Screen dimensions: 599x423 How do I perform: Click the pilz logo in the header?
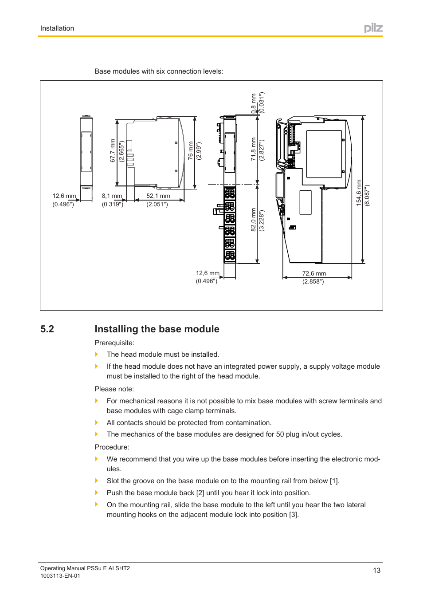click(373, 28)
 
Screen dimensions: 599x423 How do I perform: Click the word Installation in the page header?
click(57, 28)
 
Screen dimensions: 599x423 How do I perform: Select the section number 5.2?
click(47, 329)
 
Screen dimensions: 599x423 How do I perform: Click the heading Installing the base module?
click(157, 329)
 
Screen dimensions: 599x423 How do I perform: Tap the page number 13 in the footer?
click(376, 571)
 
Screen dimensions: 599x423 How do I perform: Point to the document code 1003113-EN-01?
click(60, 576)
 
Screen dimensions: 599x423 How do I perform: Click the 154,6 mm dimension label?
click(359, 192)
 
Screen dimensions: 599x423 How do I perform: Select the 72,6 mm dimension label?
click(314, 274)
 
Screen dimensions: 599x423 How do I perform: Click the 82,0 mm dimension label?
click(254, 220)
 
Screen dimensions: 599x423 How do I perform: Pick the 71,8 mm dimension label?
click(254, 149)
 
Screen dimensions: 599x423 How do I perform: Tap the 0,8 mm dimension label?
click(254, 103)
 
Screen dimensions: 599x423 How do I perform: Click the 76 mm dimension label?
click(191, 151)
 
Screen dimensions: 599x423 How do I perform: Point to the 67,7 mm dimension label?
click(113, 150)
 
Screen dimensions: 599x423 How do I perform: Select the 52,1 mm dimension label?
click(158, 196)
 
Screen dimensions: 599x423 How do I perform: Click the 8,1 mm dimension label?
click(112, 196)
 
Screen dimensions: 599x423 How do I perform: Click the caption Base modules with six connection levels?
click(159, 71)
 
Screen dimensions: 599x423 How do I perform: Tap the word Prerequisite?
click(114, 343)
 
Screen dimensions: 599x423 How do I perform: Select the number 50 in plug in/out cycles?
click(280, 434)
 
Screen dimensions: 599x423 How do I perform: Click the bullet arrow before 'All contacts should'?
click(97, 422)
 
